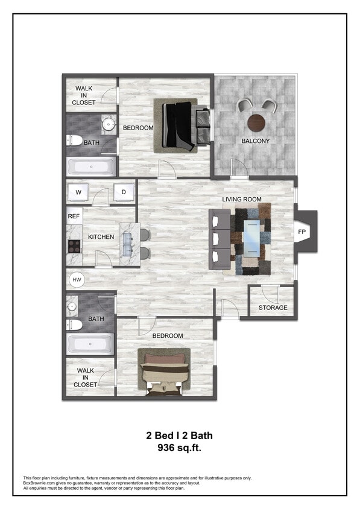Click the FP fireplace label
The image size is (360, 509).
(x=302, y=231)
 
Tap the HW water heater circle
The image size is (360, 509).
(x=77, y=280)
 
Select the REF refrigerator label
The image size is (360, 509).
(x=74, y=216)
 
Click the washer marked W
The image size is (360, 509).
(x=78, y=192)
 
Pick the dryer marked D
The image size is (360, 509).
(x=124, y=192)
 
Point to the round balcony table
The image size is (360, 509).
(x=256, y=122)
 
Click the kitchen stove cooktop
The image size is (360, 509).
(x=74, y=245)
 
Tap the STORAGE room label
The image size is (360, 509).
(x=273, y=308)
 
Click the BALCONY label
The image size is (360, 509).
(x=255, y=141)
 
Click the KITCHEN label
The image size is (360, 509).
(x=101, y=237)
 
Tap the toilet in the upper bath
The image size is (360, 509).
(x=74, y=141)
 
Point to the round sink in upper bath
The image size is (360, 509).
(x=109, y=125)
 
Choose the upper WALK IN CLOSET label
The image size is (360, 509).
(x=84, y=95)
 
